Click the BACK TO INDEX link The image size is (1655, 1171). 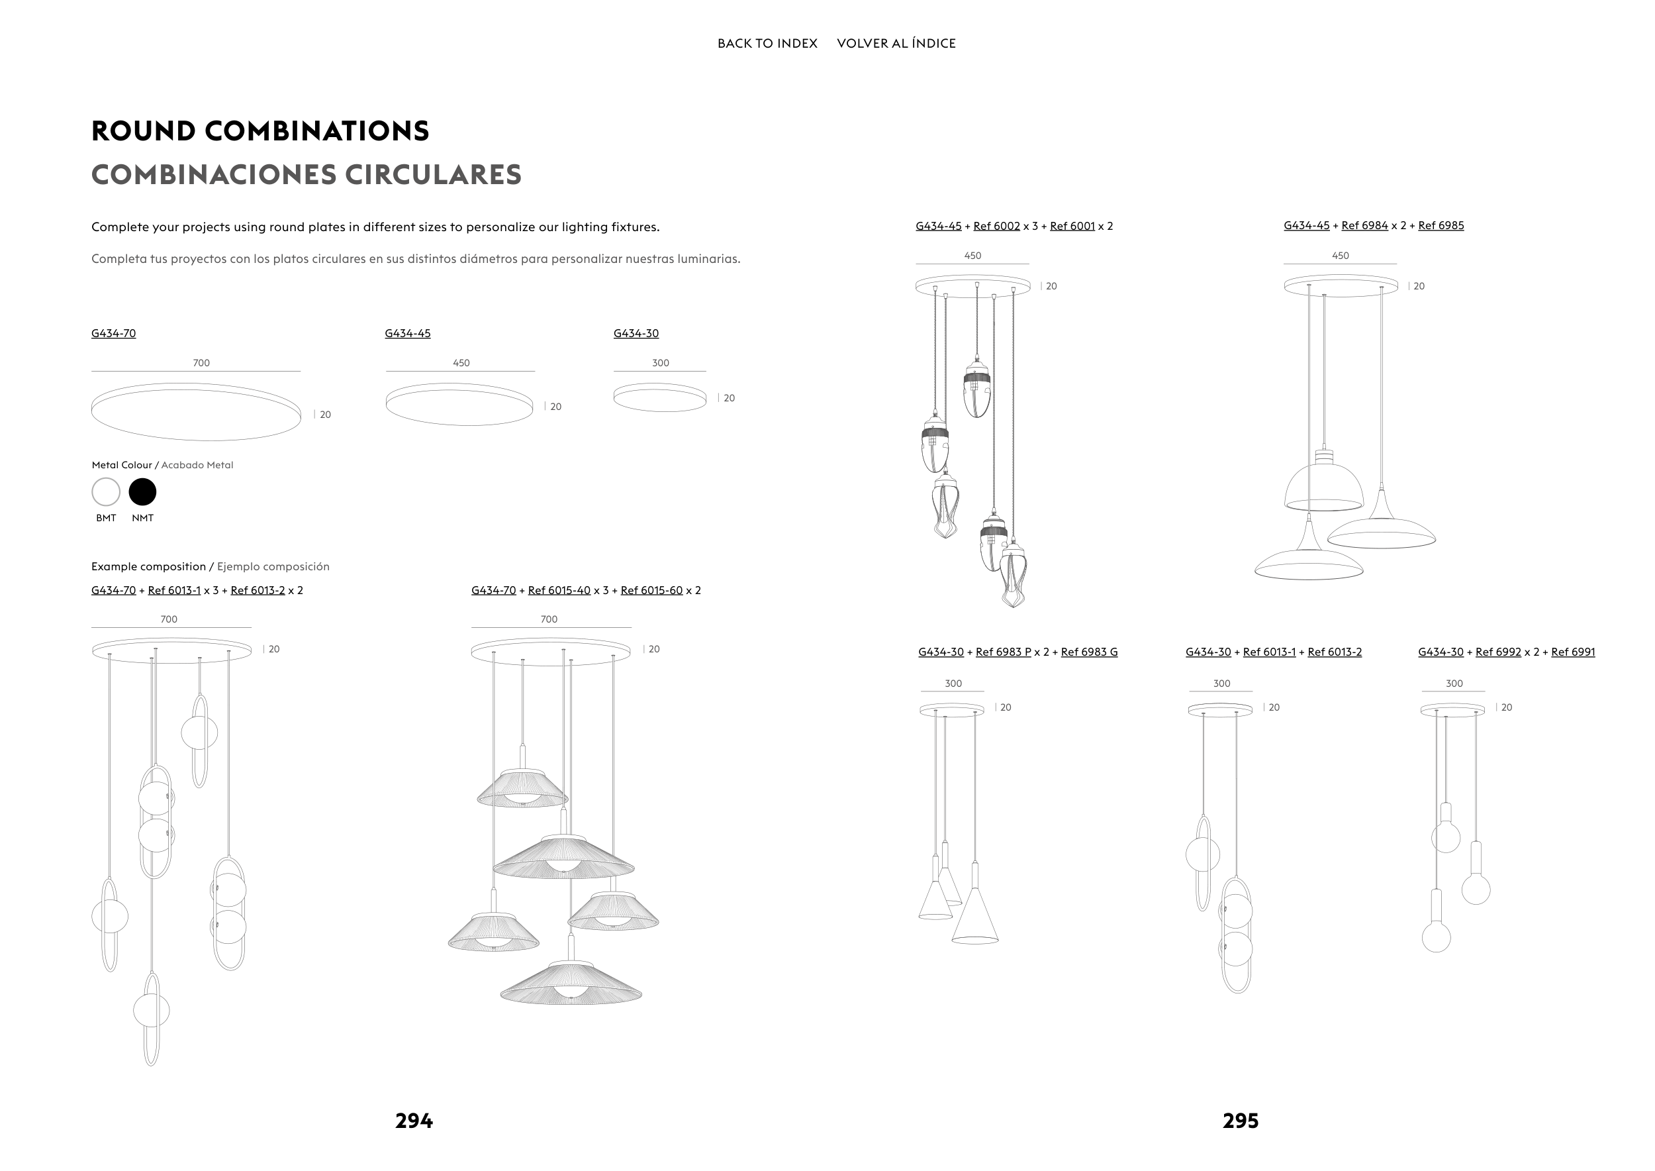(x=767, y=43)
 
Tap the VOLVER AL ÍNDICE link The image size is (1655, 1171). (x=896, y=43)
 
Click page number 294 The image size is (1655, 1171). (x=414, y=1121)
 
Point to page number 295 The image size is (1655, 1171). (x=1241, y=1121)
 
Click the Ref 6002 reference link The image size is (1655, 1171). (x=996, y=227)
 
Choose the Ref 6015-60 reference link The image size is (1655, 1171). (x=651, y=591)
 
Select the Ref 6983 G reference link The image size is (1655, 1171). (x=1088, y=652)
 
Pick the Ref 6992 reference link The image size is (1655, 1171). (x=1498, y=652)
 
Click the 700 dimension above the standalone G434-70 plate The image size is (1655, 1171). (x=201, y=364)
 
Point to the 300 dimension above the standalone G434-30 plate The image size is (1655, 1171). (x=660, y=364)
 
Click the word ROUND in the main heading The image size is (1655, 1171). (x=144, y=131)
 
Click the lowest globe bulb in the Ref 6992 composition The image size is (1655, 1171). (x=1436, y=937)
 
